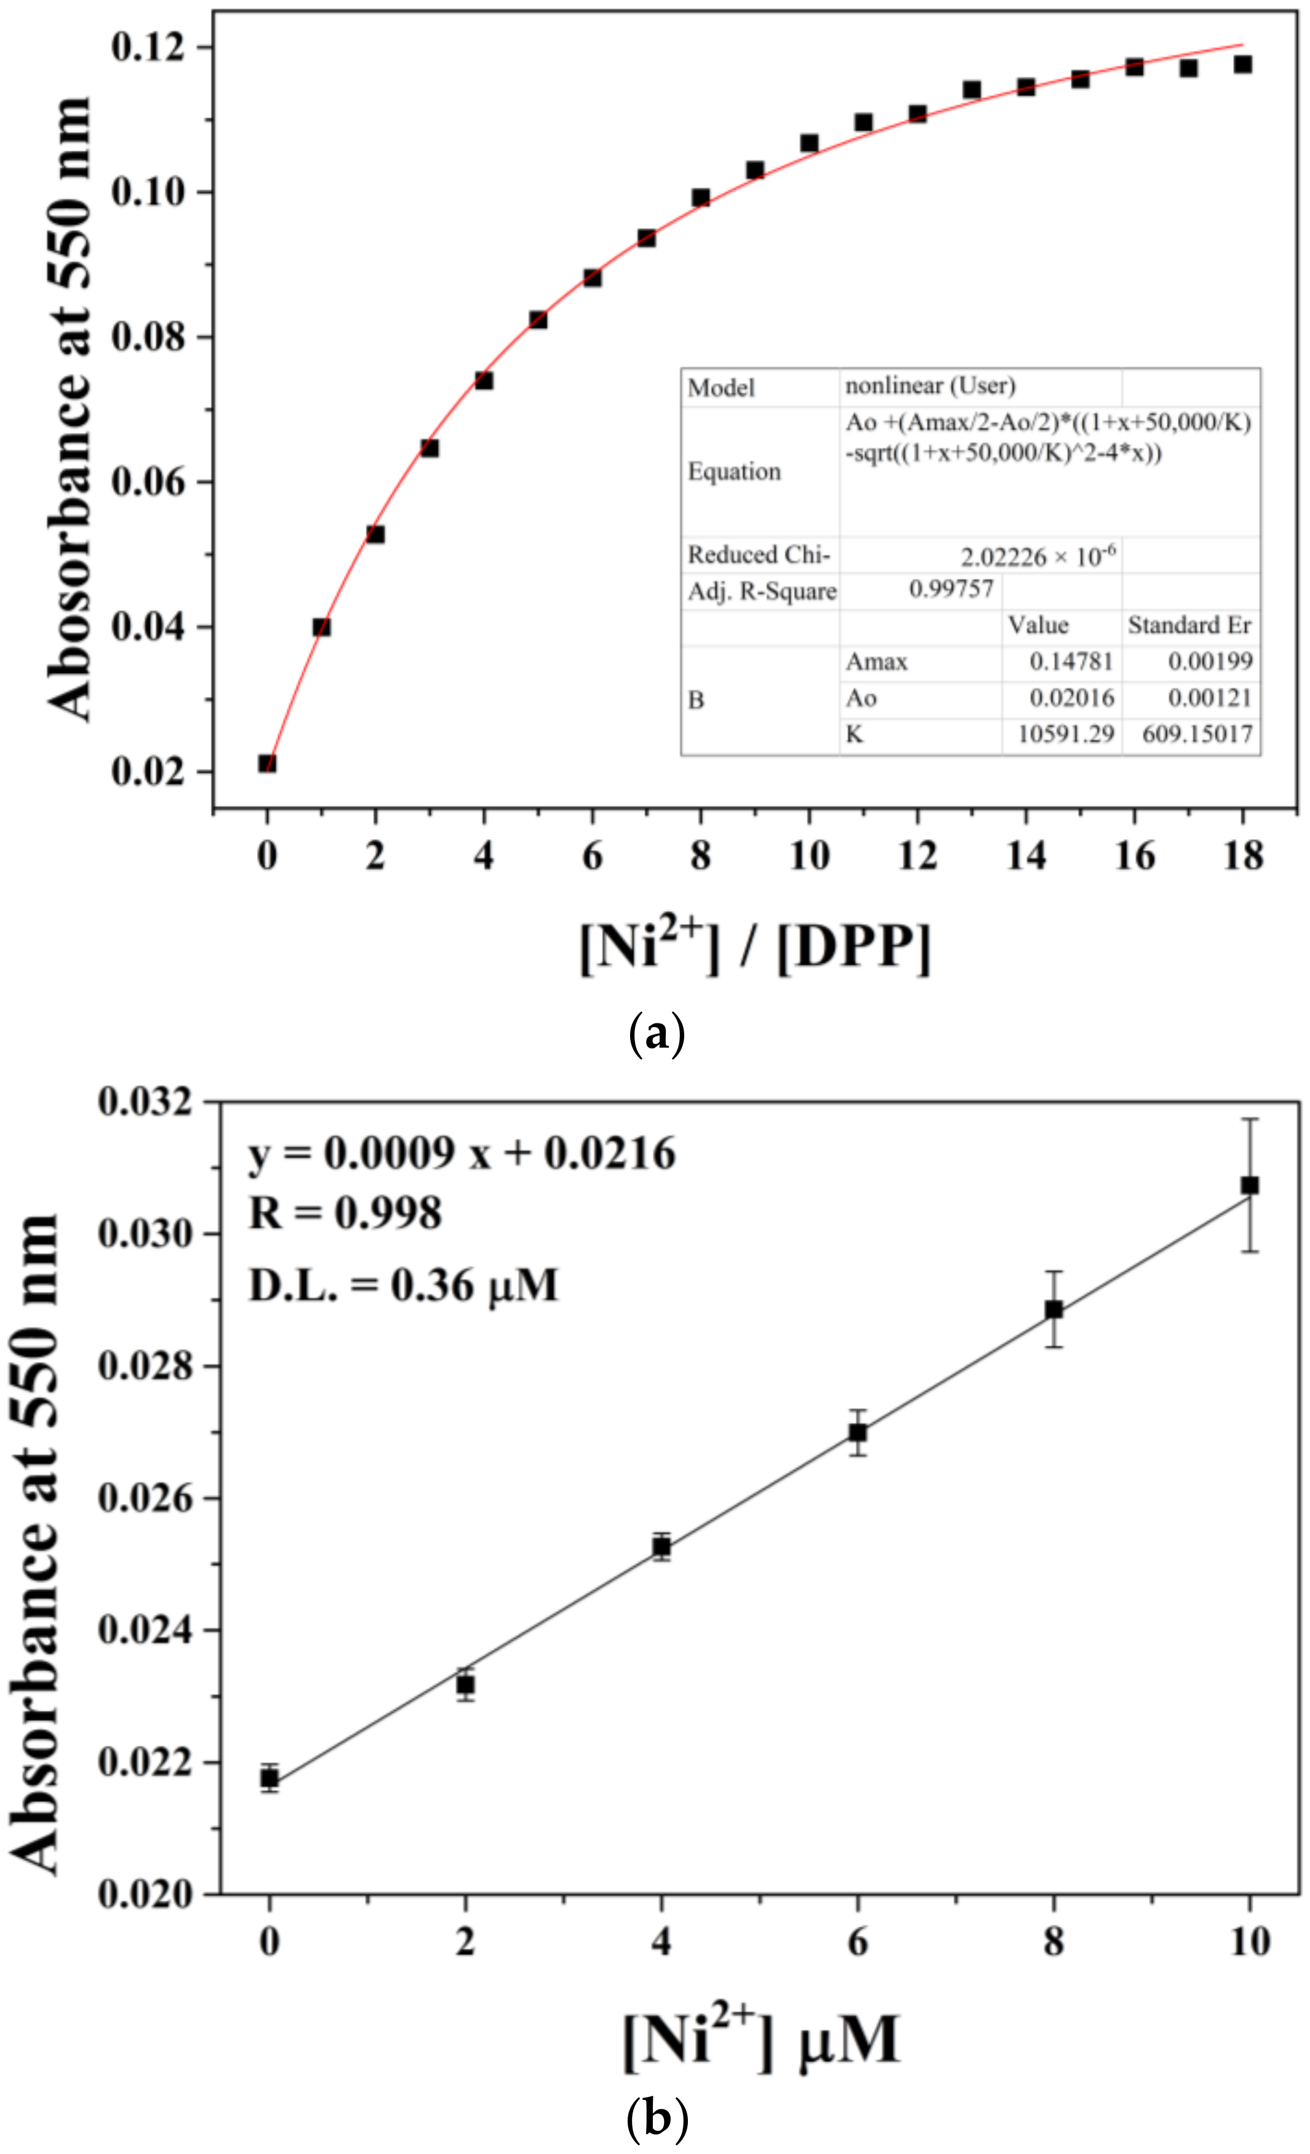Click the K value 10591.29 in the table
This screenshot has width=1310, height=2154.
click(1065, 735)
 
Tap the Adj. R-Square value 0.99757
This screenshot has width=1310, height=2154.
click(951, 589)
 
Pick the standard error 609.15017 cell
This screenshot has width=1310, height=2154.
click(1196, 735)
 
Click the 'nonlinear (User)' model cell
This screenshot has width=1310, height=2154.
click(930, 385)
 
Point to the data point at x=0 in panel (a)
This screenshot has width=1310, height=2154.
click(267, 763)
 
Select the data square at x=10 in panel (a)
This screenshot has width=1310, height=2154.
click(809, 143)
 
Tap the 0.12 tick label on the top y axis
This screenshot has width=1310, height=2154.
click(149, 46)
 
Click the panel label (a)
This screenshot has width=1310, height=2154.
click(657, 1034)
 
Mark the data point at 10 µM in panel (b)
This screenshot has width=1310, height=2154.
click(1250, 1185)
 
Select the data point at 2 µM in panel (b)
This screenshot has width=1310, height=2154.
click(466, 1684)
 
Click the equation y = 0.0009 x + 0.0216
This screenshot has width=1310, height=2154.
click(462, 1154)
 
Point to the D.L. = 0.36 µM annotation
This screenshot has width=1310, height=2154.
click(403, 1284)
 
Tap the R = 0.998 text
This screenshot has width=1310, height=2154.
click(345, 1213)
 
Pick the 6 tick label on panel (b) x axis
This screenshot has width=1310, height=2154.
click(858, 1941)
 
